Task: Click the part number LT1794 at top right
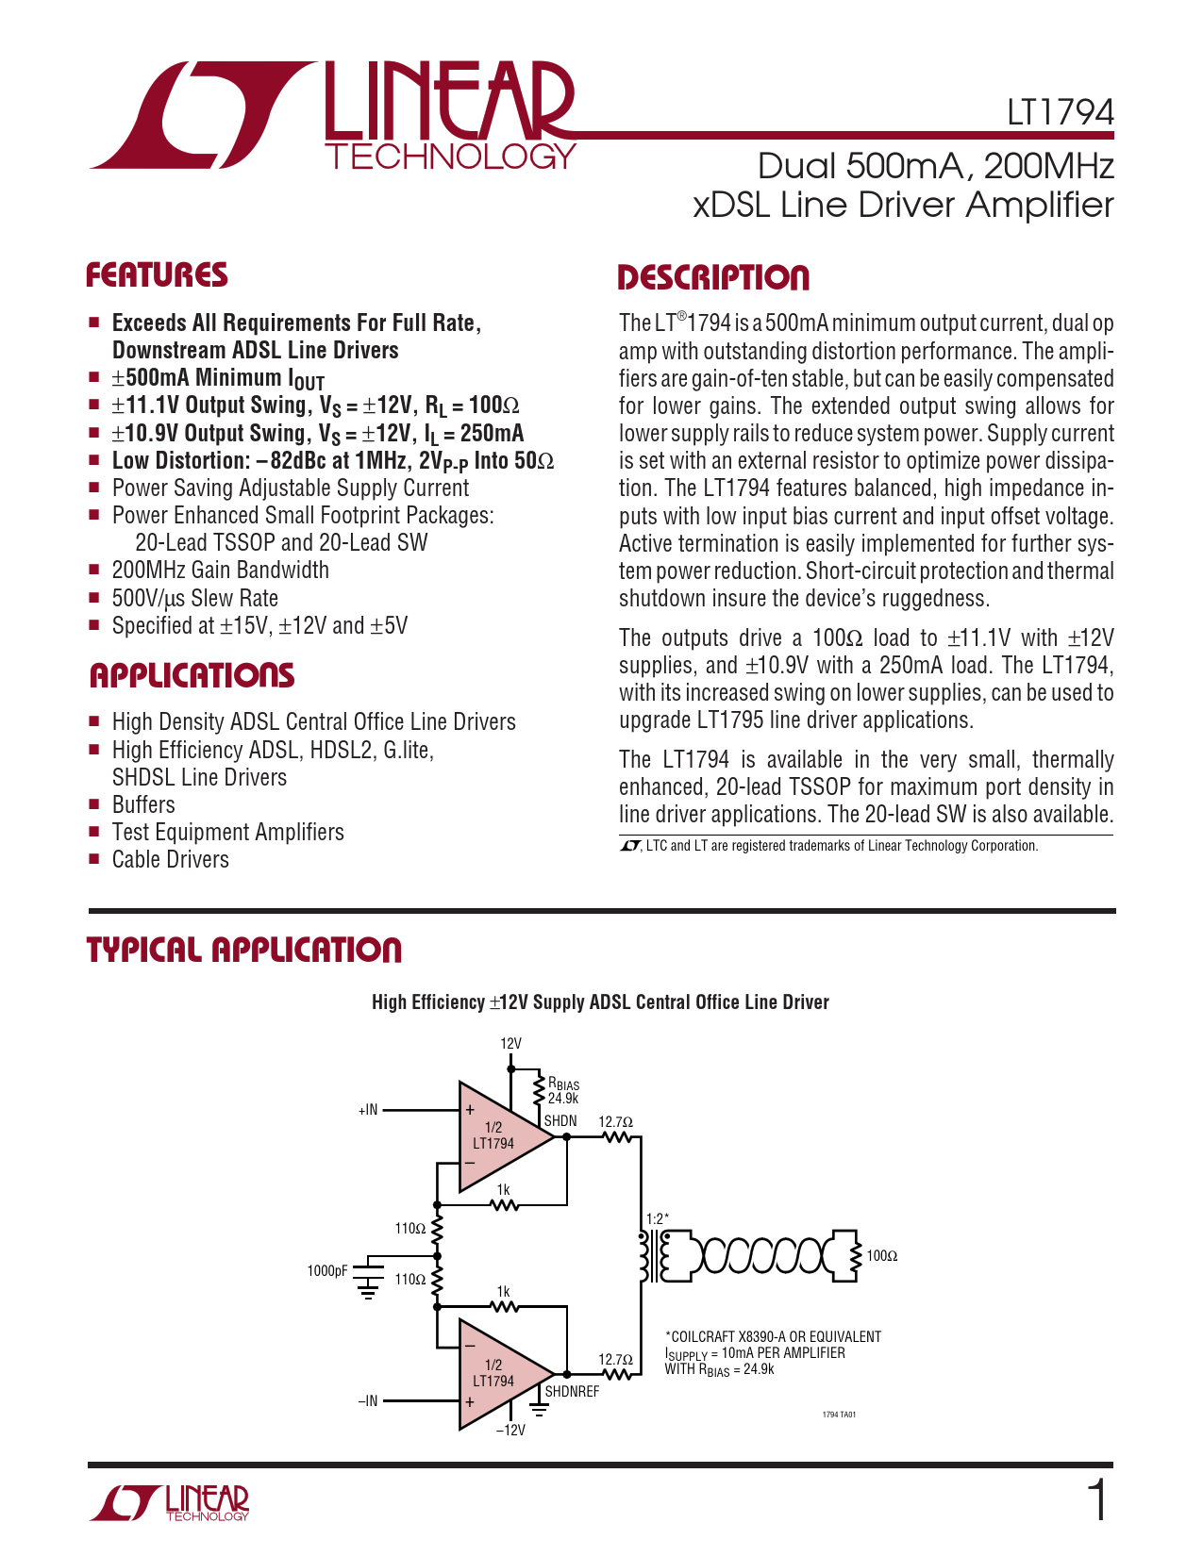pyautogui.click(x=1060, y=113)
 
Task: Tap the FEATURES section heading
pyautogui.click(x=157, y=275)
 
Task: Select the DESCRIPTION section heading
pyautogui.click(x=713, y=278)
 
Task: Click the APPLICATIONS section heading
pyautogui.click(x=192, y=676)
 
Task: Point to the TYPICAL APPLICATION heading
pyautogui.click(x=244, y=951)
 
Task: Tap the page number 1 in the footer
pyautogui.click(x=1097, y=1500)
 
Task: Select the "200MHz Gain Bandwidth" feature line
pyautogui.click(x=220, y=571)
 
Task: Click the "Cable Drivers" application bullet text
pyautogui.click(x=170, y=860)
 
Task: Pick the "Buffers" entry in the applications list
pyautogui.click(x=143, y=805)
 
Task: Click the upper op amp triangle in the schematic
pyautogui.click(x=500, y=1136)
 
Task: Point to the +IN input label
pyautogui.click(x=368, y=1110)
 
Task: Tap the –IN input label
pyautogui.click(x=368, y=1401)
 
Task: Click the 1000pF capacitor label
pyautogui.click(x=327, y=1271)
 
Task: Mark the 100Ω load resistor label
pyautogui.click(x=882, y=1256)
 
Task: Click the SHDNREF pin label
pyautogui.click(x=572, y=1392)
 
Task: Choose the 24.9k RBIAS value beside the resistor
pyautogui.click(x=563, y=1099)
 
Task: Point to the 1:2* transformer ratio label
pyautogui.click(x=658, y=1218)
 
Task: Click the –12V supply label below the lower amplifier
pyautogui.click(x=510, y=1431)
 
